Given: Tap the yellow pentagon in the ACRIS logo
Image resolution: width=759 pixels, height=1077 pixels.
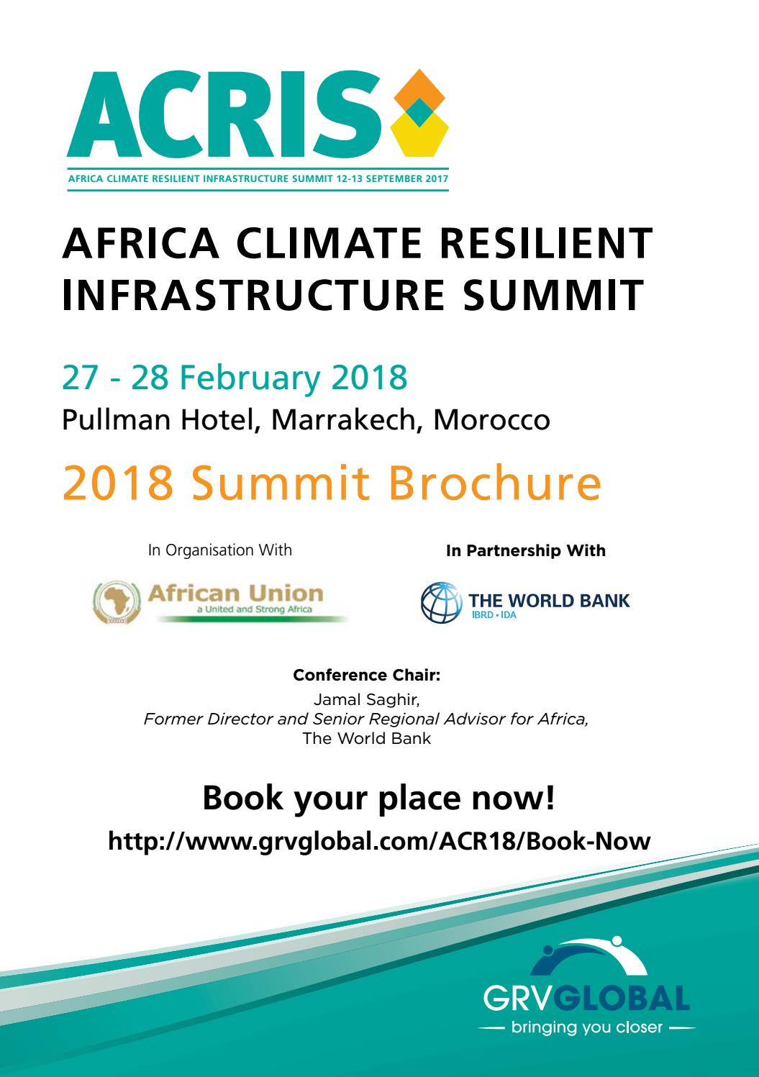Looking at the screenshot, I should click(419, 138).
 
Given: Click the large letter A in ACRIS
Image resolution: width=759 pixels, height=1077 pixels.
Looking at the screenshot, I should click(97, 115).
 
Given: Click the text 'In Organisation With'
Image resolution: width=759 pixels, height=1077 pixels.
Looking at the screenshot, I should click(219, 550).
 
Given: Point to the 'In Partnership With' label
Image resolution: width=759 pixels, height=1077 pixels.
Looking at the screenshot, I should click(526, 551).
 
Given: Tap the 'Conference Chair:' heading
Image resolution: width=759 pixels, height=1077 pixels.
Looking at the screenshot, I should click(366, 676).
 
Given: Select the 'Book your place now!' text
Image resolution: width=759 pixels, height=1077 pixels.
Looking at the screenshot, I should click(378, 799).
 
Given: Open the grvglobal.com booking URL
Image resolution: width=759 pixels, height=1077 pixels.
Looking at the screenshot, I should click(378, 841).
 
